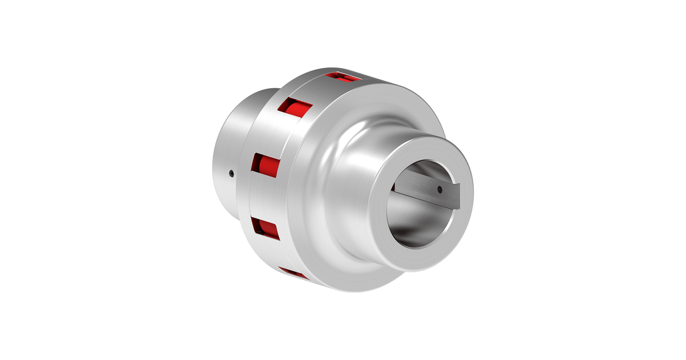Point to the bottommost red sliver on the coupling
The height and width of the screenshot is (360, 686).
293,274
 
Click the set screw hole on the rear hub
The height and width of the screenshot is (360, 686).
230,172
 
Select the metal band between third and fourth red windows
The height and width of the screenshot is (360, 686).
263,197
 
